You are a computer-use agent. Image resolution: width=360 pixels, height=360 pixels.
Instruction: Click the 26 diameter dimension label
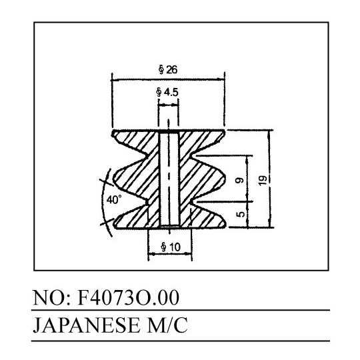click(x=168, y=69)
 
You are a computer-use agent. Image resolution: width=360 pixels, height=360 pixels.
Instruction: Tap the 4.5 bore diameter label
click(x=167, y=92)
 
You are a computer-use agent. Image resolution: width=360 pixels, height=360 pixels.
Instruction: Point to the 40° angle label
click(x=114, y=199)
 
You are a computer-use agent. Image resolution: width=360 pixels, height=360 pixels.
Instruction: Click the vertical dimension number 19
click(x=263, y=180)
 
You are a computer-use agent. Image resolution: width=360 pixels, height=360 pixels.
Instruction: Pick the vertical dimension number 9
click(x=240, y=180)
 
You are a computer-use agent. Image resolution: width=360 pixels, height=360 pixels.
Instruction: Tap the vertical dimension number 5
click(x=240, y=214)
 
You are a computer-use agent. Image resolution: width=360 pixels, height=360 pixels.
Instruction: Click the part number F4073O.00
click(x=129, y=297)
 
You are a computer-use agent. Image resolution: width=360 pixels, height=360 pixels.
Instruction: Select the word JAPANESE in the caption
click(x=86, y=325)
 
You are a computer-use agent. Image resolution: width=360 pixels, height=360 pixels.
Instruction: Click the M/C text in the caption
click(x=167, y=325)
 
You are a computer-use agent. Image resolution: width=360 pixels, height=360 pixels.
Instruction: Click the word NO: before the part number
click(x=51, y=297)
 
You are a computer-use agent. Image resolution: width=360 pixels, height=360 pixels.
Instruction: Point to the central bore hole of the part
click(x=169, y=179)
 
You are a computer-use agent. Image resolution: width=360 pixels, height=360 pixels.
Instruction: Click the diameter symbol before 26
click(x=161, y=70)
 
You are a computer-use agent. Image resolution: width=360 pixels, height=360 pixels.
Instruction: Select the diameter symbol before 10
click(x=164, y=247)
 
